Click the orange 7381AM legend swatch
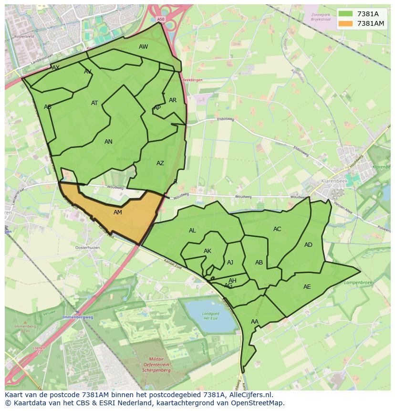click(346, 23)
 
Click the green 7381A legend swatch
click(346, 14)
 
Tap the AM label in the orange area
click(118, 212)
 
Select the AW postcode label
click(143, 47)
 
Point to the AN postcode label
click(108, 142)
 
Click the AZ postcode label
click(160, 163)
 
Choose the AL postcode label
click(192, 231)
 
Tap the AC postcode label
click(277, 229)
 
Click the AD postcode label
click(308, 245)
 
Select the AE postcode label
click(307, 287)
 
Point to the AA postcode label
click(254, 322)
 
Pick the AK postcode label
click(208, 251)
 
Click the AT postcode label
click(94, 103)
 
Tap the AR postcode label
click(173, 100)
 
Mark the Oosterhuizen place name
click(87, 248)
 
